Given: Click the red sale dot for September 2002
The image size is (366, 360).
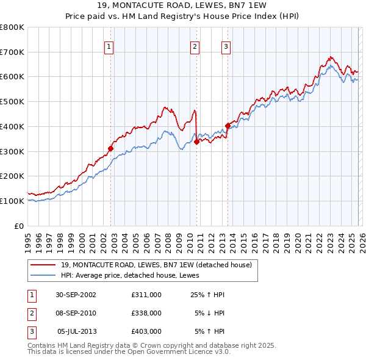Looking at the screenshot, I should [x=111, y=148].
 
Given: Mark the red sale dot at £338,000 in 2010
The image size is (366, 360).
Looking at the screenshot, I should [x=197, y=142].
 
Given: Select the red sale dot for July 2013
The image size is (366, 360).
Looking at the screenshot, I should [x=228, y=126].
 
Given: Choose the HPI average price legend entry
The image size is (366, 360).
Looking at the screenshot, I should [x=134, y=275].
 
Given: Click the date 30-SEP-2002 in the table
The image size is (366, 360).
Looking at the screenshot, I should [x=76, y=295].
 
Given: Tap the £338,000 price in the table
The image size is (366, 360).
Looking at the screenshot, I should [x=146, y=313].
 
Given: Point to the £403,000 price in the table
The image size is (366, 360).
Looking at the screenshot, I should [x=146, y=331].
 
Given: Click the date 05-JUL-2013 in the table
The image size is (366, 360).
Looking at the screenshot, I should [x=76, y=331].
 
